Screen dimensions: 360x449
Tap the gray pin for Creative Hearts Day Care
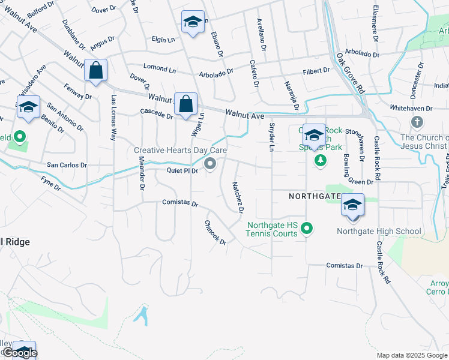210,163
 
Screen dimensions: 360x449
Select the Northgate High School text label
379,231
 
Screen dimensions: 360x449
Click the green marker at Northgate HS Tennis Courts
307,228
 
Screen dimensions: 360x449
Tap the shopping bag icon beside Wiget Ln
186,103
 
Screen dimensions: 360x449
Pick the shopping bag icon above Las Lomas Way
95,70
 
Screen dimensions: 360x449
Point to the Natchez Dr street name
237,199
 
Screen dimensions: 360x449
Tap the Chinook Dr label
215,233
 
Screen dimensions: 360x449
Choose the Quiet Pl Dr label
182,170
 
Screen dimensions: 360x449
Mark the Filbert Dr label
316,71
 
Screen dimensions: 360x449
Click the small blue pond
142,314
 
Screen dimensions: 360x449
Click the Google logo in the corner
19,353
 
